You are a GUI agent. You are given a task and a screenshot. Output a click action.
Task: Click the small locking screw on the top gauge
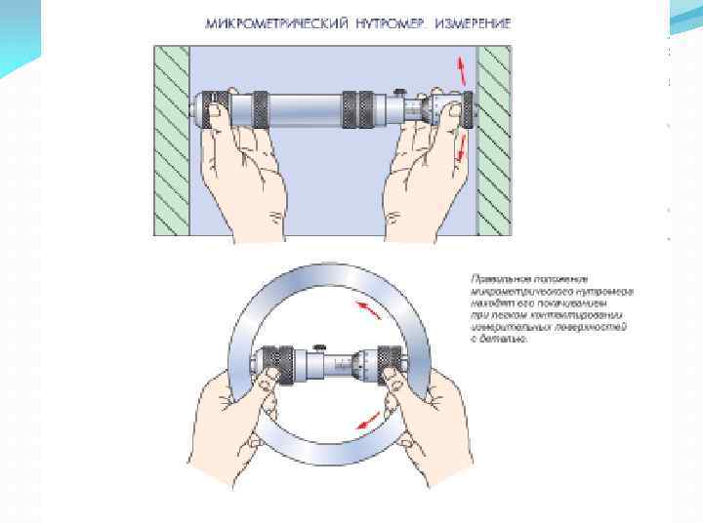[400, 91]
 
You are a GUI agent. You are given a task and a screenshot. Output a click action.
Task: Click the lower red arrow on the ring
[368, 423]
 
